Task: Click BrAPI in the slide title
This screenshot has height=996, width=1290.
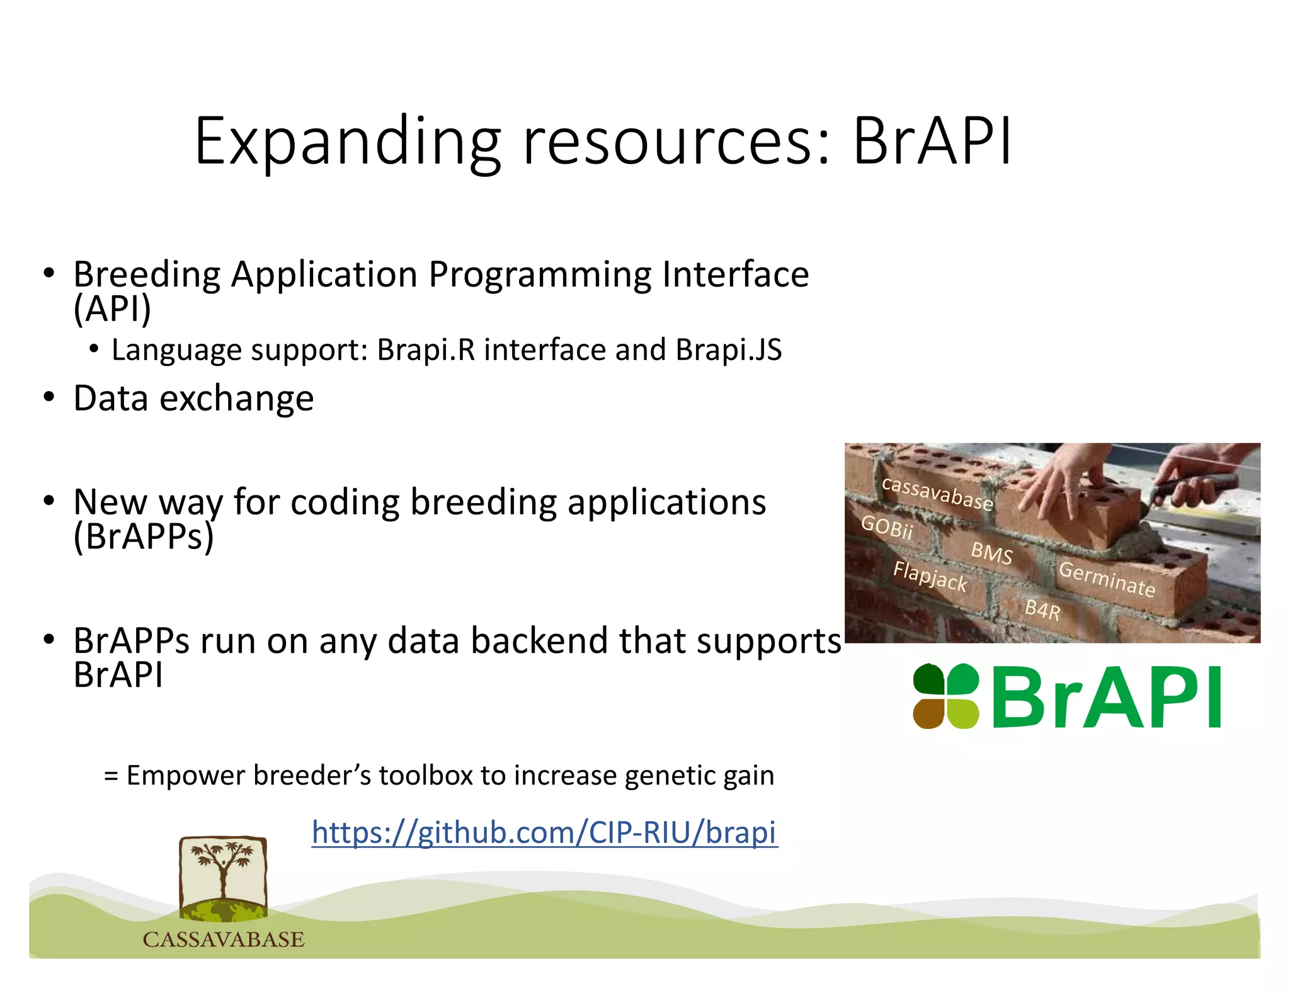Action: pos(932,142)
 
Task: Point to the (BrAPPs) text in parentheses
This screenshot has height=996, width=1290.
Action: pos(144,536)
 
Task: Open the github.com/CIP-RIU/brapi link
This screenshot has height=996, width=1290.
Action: pos(545,832)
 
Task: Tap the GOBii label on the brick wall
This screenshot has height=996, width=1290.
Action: pos(886,527)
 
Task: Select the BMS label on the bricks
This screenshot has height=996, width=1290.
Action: pos(991,553)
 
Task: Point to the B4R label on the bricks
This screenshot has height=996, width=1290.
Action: pos(1042,610)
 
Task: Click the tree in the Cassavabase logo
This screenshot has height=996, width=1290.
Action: pos(222,872)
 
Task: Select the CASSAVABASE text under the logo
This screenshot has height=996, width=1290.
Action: pos(224,940)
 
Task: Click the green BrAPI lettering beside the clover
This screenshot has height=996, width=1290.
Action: pos(1106,698)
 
